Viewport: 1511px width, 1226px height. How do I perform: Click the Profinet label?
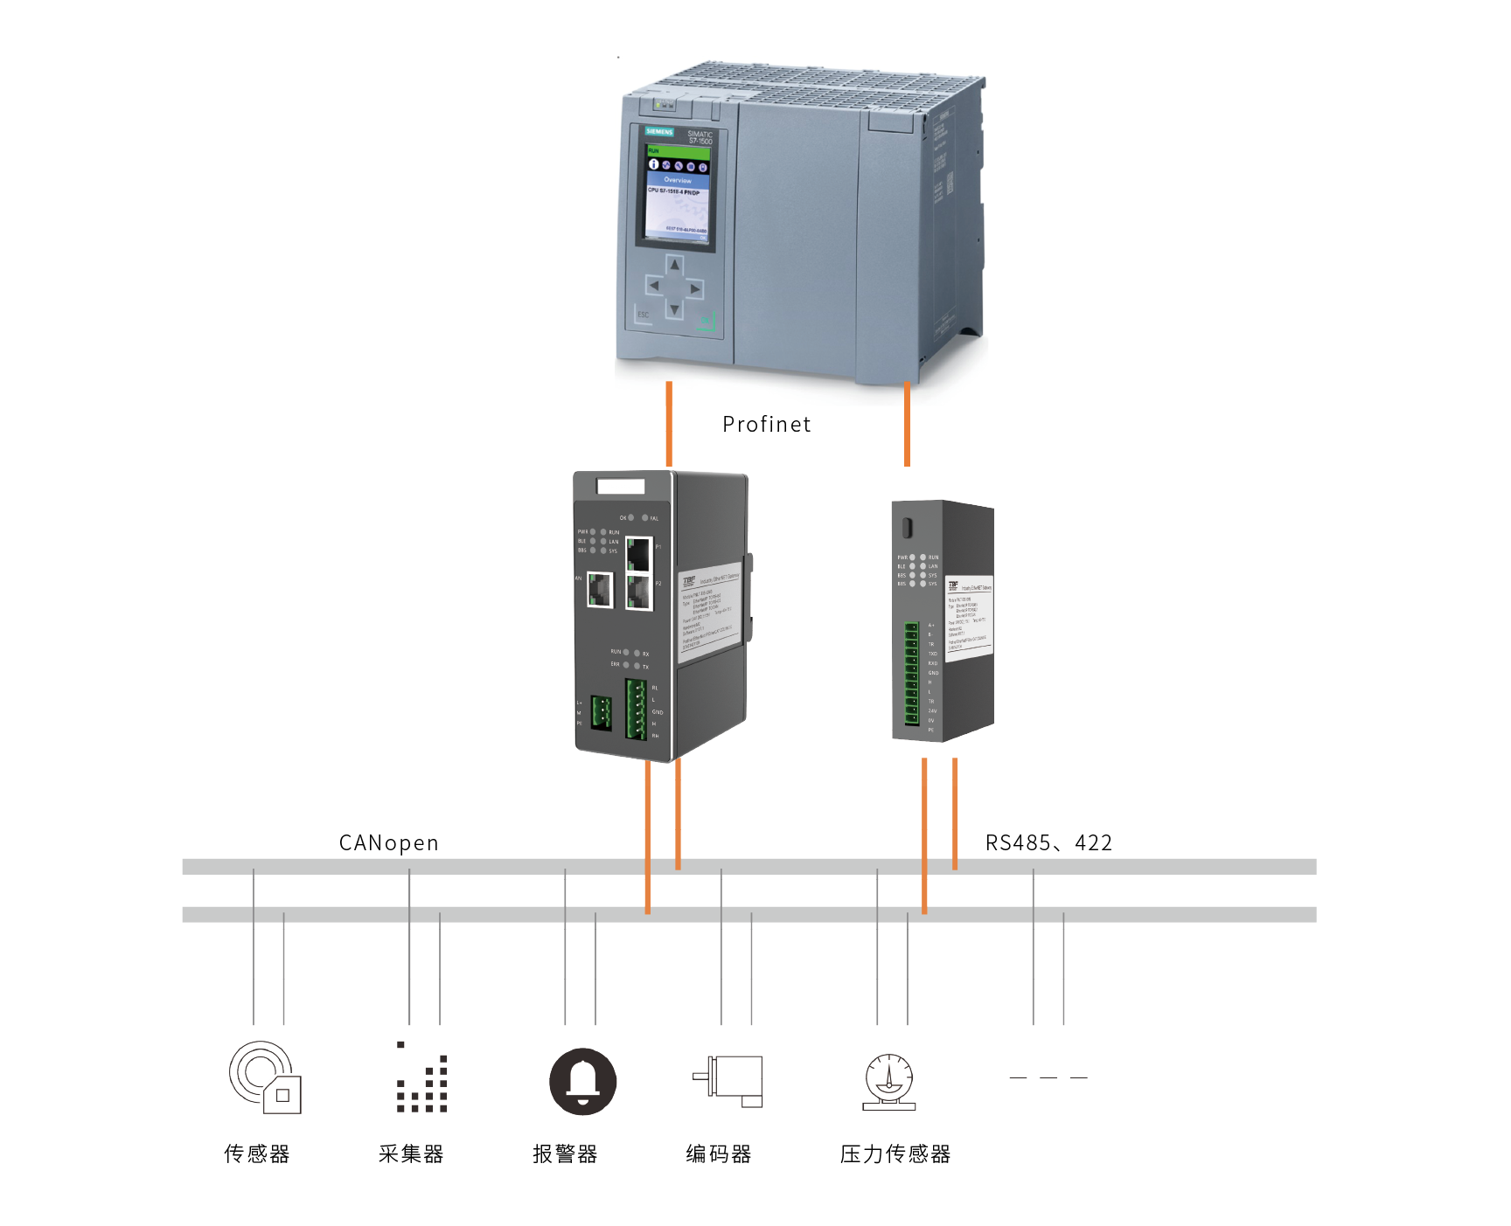click(x=766, y=425)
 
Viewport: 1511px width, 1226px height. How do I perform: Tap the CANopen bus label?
click(x=388, y=843)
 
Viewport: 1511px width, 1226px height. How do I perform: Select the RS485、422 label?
click(x=1048, y=843)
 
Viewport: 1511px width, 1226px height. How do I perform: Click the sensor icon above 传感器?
click(x=264, y=1077)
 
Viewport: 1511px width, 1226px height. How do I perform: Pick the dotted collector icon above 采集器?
click(x=422, y=1078)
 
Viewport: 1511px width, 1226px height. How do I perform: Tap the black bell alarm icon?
click(x=582, y=1081)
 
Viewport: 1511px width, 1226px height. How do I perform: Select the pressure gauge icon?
click(x=888, y=1082)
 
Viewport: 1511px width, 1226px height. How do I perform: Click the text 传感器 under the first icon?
click(x=256, y=1154)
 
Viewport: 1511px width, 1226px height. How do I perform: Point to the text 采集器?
click(x=411, y=1154)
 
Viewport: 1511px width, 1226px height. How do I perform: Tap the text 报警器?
click(x=565, y=1154)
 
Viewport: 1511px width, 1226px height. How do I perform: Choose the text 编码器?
click(x=719, y=1154)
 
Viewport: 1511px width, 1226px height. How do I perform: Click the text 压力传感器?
click(x=895, y=1154)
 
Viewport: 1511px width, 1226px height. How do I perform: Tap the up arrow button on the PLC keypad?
click(x=674, y=264)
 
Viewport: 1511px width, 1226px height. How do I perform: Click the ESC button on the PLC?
click(x=644, y=315)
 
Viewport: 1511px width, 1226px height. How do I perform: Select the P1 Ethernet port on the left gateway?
click(x=639, y=554)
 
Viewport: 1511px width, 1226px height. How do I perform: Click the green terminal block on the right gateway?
click(x=911, y=674)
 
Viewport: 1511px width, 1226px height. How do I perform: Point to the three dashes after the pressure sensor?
click(x=1048, y=1077)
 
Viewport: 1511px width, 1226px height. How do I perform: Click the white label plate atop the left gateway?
click(x=621, y=486)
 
